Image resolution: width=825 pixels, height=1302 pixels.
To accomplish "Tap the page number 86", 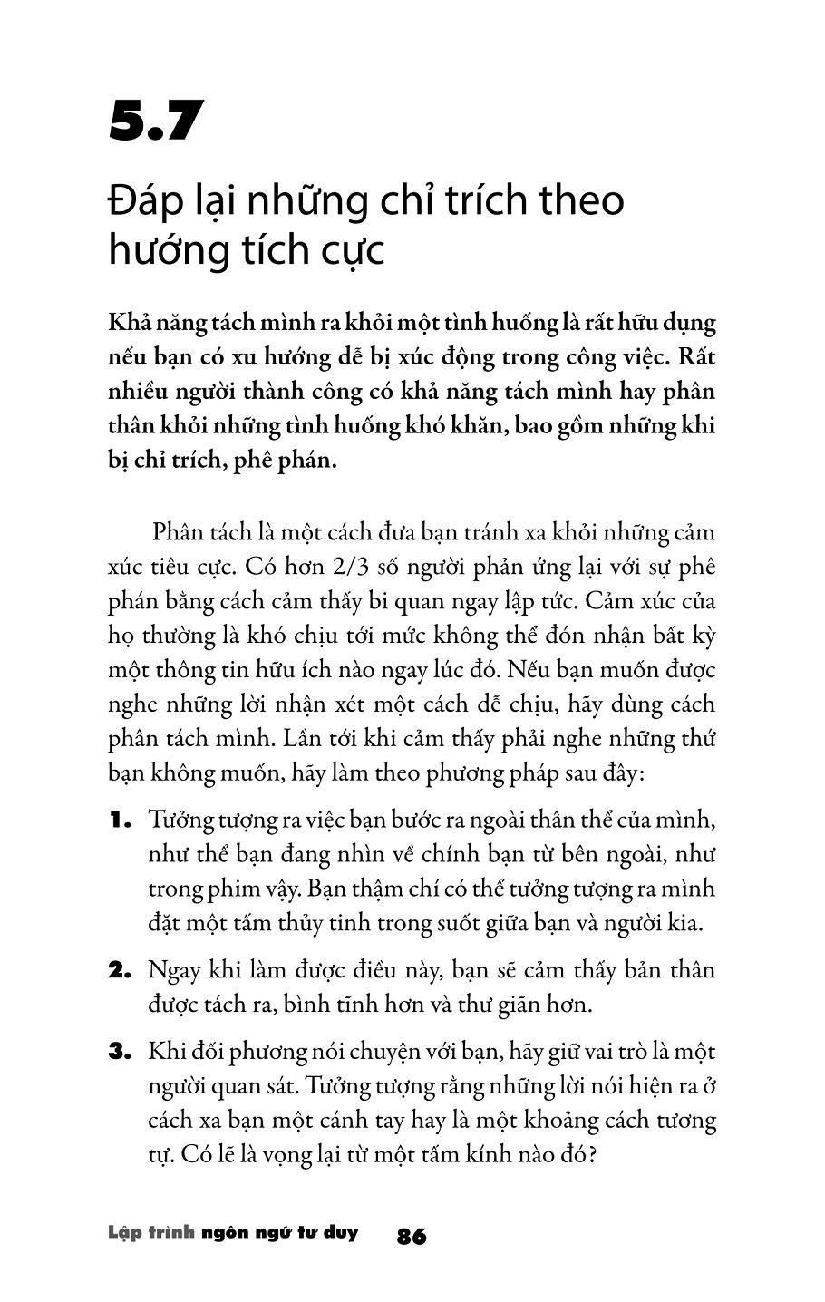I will point(412,1236).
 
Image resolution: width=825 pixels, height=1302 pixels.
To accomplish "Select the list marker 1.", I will point(121,821).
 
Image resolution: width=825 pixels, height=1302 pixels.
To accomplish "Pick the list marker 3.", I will point(121,1053).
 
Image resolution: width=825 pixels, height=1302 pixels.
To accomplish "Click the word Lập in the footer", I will point(124,1234).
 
